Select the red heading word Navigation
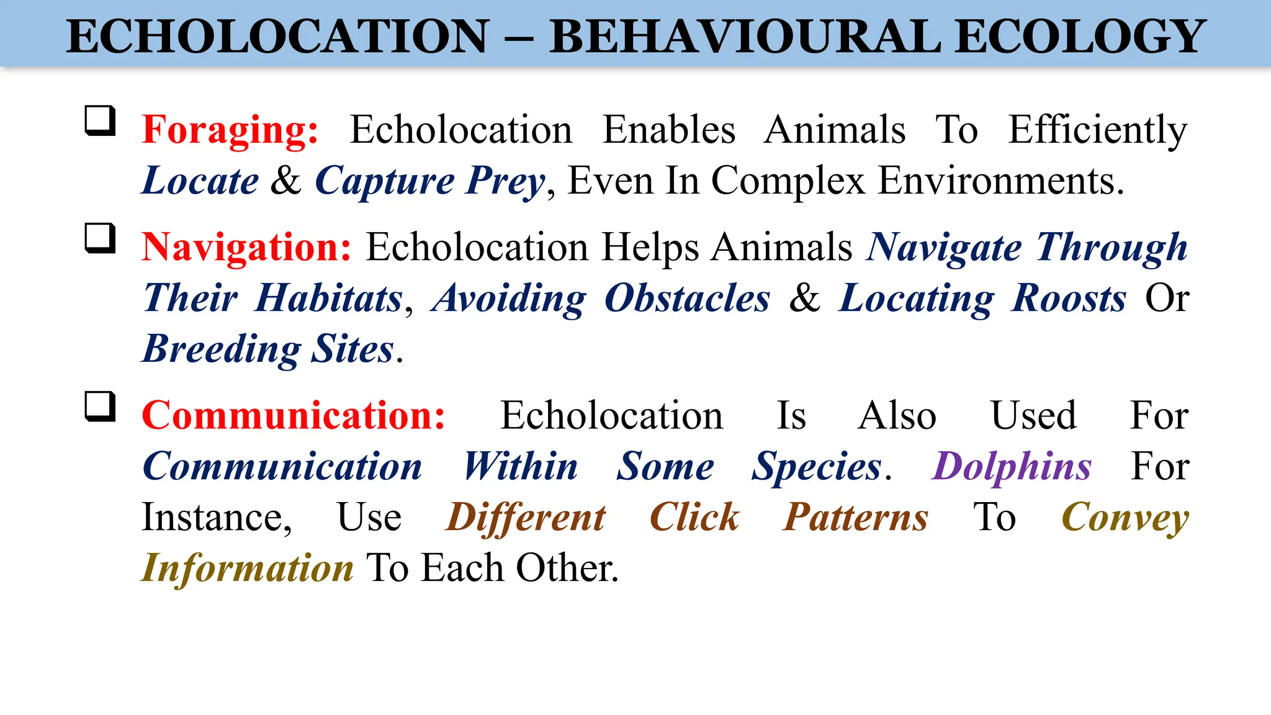[x=246, y=247]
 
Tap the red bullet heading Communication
[x=293, y=415]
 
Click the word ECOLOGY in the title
[x=1080, y=37]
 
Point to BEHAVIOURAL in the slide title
[x=745, y=37]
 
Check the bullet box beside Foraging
[x=100, y=120]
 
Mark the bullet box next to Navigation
[x=100, y=238]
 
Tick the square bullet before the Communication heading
[x=100, y=406]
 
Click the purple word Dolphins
[x=1011, y=466]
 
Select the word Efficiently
[x=1097, y=130]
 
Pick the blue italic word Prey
[x=505, y=181]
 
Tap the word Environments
[x=1000, y=181]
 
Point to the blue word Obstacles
[x=687, y=299]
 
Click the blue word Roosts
[x=1069, y=299]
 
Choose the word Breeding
[x=222, y=349]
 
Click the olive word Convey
[x=1125, y=517]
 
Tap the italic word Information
[x=247, y=568]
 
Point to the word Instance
[x=216, y=517]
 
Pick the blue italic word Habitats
[x=330, y=299]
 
